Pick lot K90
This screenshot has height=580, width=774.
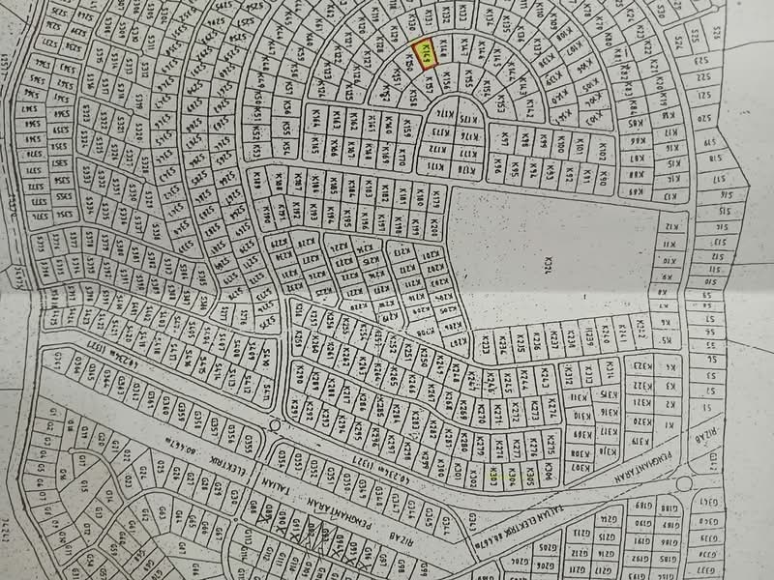[600, 178]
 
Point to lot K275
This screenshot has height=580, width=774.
[546, 448]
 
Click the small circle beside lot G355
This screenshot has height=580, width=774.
[277, 426]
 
